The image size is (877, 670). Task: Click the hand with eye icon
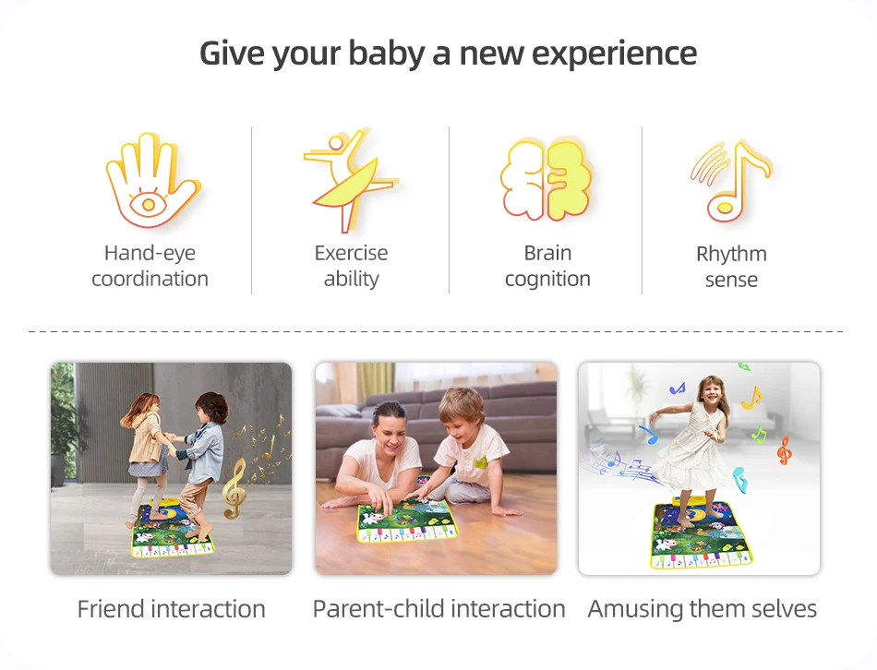click(152, 180)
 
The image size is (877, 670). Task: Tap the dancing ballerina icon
click(351, 179)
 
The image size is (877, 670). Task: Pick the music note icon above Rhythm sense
click(730, 181)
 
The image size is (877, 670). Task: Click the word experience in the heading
click(614, 54)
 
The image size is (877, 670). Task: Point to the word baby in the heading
click(387, 54)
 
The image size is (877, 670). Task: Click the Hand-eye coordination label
click(150, 266)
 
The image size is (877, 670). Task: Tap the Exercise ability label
click(351, 266)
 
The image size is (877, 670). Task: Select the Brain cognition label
click(547, 266)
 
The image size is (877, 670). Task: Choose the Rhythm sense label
click(731, 267)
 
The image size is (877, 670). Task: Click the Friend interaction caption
click(171, 609)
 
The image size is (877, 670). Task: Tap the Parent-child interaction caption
click(439, 609)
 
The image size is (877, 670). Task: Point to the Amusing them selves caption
click(702, 609)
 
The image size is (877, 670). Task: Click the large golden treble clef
click(234, 489)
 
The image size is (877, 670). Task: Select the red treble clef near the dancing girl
click(784, 450)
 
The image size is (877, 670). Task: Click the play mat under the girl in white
click(699, 534)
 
